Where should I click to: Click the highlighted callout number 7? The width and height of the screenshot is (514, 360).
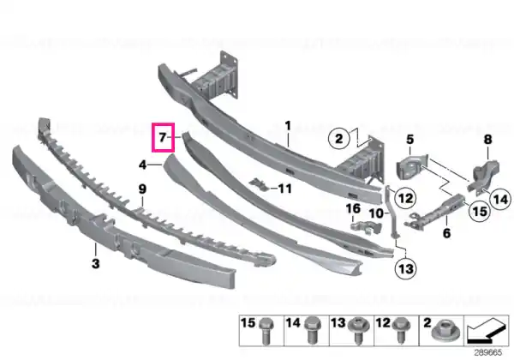163,137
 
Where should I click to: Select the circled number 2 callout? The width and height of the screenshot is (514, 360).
339,138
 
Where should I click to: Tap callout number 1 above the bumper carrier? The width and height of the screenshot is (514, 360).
288,126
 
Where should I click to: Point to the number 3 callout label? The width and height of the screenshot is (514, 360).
95,263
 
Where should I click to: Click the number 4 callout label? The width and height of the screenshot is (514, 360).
142,165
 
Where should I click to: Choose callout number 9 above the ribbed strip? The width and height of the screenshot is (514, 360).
142,189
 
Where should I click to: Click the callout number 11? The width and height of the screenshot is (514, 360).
285,189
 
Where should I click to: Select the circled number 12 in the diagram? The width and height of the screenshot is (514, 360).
406,198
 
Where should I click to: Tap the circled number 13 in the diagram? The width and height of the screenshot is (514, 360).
406,269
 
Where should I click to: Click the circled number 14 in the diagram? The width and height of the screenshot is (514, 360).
500,200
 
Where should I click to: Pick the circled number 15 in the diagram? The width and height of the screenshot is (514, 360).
480,211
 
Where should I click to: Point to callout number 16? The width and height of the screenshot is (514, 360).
353,208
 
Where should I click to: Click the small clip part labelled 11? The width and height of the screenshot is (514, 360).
260,185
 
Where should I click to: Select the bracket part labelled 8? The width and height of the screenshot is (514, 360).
485,176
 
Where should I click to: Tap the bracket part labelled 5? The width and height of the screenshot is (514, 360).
412,167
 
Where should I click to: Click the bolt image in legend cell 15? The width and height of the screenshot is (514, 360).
266,331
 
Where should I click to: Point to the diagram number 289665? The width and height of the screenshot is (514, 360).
487,352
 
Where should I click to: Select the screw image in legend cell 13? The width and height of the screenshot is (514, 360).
358,331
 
